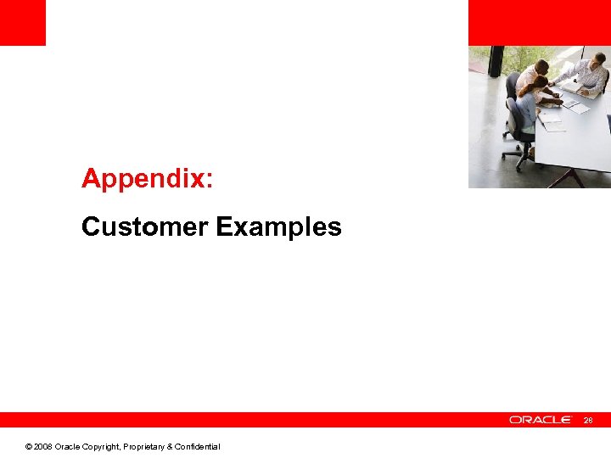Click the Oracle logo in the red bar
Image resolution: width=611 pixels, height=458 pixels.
pos(541,420)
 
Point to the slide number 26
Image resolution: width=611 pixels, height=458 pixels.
pos(590,420)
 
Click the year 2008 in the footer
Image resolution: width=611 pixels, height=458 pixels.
pos(42,447)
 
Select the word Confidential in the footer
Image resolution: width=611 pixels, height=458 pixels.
pos(196,447)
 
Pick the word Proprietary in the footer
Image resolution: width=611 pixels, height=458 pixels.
pos(143,447)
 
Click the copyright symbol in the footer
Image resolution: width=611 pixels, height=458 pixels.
pos(29,447)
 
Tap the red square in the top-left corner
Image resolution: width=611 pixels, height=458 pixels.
pos(22,22)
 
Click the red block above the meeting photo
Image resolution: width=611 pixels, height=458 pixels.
pos(539,22)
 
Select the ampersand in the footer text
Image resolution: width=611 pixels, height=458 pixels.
pos(170,447)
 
